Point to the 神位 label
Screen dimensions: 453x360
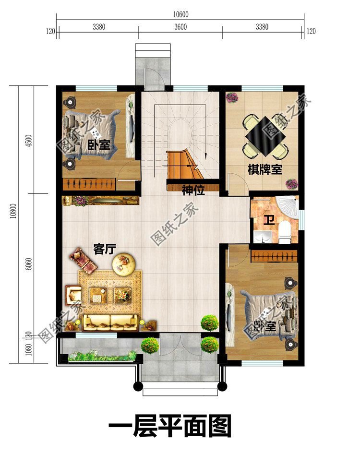point(193,190)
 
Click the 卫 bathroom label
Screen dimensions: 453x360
point(268,221)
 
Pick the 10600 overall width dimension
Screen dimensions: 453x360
point(180,14)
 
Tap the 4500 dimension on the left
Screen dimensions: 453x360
point(28,141)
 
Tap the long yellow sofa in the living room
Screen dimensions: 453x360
point(111,322)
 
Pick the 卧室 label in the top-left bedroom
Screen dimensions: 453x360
point(99,145)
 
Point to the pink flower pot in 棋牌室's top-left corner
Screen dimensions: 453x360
point(232,97)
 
